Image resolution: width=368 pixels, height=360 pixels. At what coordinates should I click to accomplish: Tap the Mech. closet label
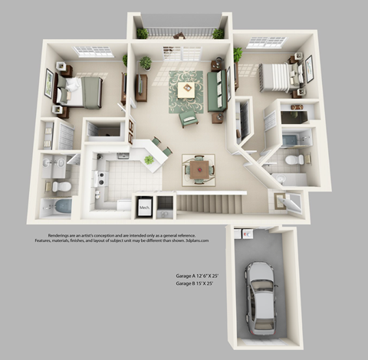pyautogui.click(x=143, y=207)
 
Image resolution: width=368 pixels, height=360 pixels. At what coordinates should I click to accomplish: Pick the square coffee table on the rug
pyautogui.click(x=186, y=90)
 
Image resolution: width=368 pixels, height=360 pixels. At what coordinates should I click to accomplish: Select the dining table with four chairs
pyautogui.click(x=198, y=169)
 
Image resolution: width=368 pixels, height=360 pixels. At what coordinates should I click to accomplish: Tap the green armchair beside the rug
pyautogui.click(x=188, y=119)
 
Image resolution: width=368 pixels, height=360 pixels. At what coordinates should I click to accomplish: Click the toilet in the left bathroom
pyautogui.click(x=63, y=186)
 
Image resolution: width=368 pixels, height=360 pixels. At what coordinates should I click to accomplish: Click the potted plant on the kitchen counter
pyautogui.click(x=148, y=159)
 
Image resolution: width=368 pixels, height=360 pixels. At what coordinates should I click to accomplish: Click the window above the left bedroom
pyautogui.click(x=94, y=51)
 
